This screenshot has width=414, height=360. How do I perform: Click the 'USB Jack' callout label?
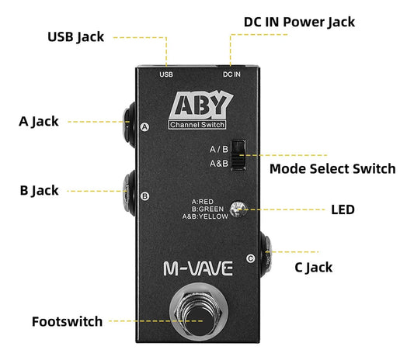pos(75,36)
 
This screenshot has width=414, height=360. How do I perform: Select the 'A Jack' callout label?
pos(40,121)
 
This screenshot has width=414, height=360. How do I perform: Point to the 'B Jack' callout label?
pos(40,190)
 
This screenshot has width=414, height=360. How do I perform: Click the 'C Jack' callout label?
pos(313,267)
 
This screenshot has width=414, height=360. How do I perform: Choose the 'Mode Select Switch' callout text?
pos(332,168)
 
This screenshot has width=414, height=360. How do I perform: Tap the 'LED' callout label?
pos(342,209)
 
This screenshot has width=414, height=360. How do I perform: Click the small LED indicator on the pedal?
pos(242,209)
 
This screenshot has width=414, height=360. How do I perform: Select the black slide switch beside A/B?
pos(240,154)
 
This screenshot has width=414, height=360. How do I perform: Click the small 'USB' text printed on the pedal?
pos(166,74)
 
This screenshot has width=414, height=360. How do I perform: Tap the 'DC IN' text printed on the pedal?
pos(231,74)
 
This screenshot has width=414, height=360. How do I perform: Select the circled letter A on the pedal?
pos(144,127)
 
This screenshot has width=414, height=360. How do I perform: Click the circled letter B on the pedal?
pos(144,196)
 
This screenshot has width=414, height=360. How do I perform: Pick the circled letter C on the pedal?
pos(249,258)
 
